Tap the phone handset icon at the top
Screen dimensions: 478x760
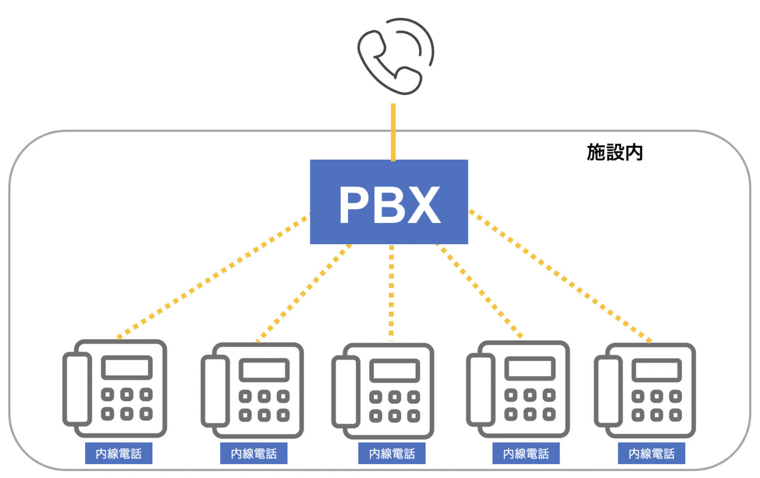(x=394, y=56)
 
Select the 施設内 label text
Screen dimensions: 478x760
(x=615, y=152)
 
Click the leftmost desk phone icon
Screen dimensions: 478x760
(x=115, y=389)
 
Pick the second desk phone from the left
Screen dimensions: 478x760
(x=252, y=391)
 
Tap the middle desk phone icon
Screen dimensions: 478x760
(x=383, y=391)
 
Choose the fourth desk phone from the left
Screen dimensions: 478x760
(x=518, y=390)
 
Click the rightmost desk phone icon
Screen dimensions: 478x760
(x=645, y=391)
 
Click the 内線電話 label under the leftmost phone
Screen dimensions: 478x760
(x=118, y=453)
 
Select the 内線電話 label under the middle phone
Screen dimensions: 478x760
(x=391, y=453)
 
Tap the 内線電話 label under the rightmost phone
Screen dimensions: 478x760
(x=651, y=453)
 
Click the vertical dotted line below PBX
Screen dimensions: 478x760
(x=391, y=292)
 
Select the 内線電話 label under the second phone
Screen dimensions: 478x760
(x=253, y=453)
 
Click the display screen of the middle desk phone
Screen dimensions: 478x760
(x=395, y=371)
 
